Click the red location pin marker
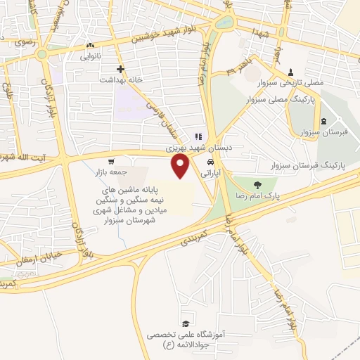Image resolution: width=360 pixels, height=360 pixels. coord(181,166)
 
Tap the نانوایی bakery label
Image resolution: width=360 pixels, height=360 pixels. coord(89,54)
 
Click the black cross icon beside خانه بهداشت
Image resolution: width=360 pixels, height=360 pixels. coord(121,69)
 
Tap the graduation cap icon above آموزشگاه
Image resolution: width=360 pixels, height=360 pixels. coord(185,324)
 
